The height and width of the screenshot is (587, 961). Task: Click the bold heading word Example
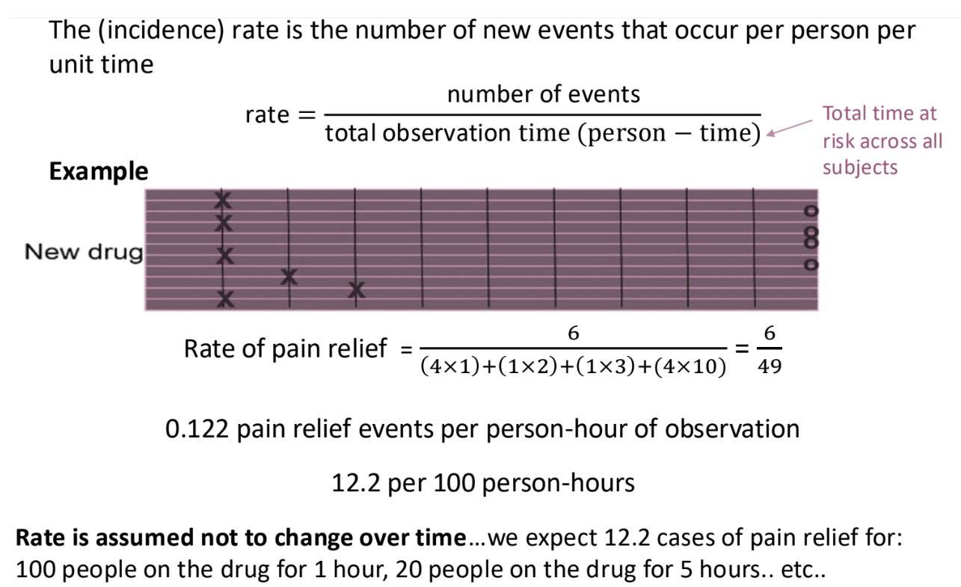point(99,171)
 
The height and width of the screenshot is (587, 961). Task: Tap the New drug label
point(83,252)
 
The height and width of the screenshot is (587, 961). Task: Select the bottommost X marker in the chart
point(224,300)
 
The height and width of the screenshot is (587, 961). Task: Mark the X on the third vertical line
point(356,289)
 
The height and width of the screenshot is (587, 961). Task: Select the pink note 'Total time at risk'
point(882,140)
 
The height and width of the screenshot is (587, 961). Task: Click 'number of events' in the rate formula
point(543,94)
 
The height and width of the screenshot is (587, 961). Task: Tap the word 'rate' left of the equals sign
point(266,115)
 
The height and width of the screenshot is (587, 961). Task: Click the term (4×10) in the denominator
point(689,369)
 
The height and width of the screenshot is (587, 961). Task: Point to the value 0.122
point(196,429)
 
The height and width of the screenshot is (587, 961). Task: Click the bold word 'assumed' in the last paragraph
point(139,538)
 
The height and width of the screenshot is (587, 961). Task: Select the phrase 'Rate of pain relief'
point(286,348)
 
